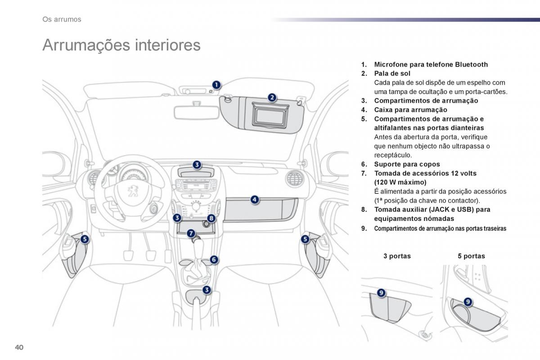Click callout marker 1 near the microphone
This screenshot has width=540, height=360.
click(x=216, y=85)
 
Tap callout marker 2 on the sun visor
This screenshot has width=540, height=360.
click(x=272, y=97)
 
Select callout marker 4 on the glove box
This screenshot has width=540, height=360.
click(x=254, y=199)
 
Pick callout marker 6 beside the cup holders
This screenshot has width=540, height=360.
click(x=214, y=260)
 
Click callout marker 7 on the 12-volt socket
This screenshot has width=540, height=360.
click(x=191, y=233)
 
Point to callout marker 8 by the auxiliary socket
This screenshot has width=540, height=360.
click(x=211, y=218)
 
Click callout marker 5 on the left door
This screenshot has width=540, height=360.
click(x=85, y=239)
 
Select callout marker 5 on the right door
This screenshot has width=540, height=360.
click(x=305, y=239)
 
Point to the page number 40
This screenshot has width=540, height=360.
click(x=19, y=346)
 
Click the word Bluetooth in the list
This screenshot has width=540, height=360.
click(x=471, y=64)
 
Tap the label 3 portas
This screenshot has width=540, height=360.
click(x=397, y=256)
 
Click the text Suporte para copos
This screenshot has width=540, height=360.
click(x=407, y=164)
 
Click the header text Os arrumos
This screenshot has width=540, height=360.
click(x=62, y=19)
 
